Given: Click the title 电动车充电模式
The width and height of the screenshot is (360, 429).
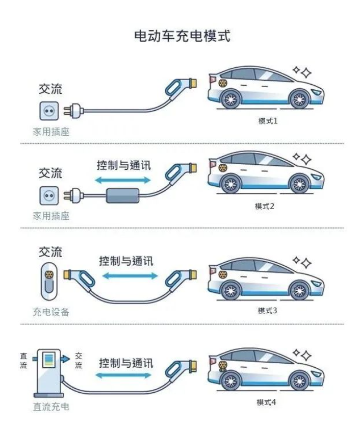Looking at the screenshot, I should [180, 36].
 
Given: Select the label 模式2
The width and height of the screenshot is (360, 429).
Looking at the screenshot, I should [266, 206].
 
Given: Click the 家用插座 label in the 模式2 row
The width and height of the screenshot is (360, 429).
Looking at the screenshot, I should [51, 216].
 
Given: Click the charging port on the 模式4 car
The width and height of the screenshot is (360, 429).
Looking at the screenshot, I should [222, 365].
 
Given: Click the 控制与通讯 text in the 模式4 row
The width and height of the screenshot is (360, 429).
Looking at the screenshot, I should [125, 363].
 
